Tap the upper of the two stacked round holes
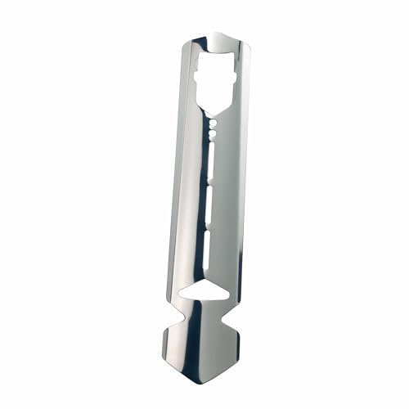[213, 120]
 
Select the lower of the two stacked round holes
[212, 129]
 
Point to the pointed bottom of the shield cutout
[214, 113]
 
